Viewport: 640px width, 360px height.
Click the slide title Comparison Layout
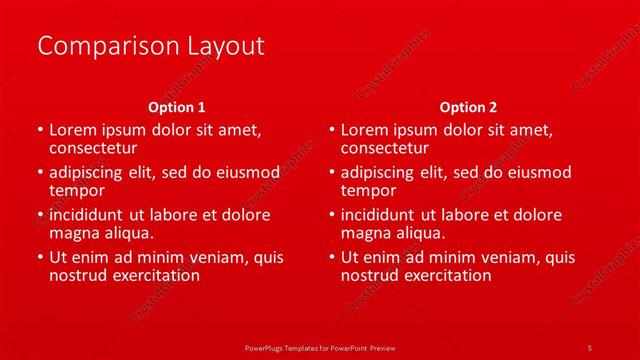point(150,46)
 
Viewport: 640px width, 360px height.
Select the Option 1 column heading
point(177,107)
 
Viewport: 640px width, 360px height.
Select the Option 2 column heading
point(468,107)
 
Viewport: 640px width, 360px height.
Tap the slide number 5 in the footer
point(589,347)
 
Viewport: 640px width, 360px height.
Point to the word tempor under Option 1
point(76,190)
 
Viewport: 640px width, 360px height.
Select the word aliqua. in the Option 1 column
point(126,233)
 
